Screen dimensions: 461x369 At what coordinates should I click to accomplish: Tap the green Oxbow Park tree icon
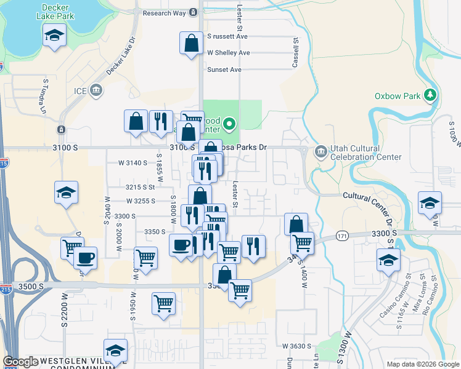(x=430, y=95)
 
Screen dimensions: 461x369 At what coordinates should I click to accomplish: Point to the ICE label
(x=81, y=91)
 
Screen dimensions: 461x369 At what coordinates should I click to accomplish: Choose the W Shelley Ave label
(x=228, y=53)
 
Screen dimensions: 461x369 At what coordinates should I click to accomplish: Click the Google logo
(x=20, y=362)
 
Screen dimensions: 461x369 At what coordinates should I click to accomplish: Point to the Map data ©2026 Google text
(x=422, y=364)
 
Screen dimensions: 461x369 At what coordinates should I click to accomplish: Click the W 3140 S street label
(x=133, y=163)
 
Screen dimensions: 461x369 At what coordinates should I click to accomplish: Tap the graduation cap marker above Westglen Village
(x=115, y=351)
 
